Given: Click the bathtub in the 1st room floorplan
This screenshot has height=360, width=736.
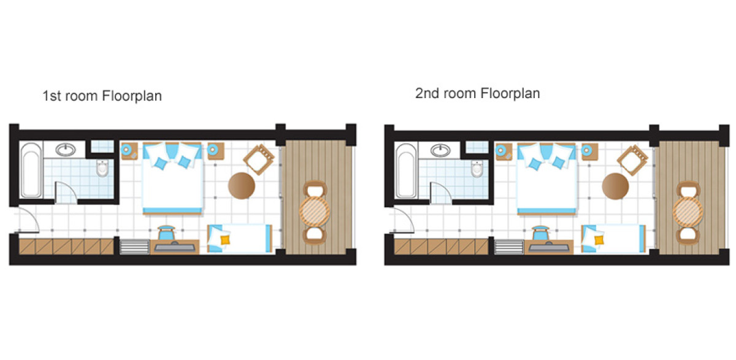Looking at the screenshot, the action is [x=31, y=170].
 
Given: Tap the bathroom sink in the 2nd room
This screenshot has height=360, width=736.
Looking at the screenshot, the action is [x=440, y=150].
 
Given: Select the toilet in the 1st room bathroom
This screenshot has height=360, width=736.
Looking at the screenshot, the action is [x=102, y=168].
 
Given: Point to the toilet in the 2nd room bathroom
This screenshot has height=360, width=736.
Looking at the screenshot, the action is [x=477, y=169].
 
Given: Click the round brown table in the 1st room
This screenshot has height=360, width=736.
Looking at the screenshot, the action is [x=242, y=186].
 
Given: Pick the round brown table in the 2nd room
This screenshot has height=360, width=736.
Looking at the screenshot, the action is [x=615, y=186].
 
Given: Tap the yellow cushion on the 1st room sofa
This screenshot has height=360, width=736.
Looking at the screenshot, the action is [x=225, y=240].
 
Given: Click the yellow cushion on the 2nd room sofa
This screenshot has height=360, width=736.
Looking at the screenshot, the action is [x=599, y=240].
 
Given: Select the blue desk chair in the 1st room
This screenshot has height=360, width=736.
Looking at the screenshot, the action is [x=166, y=232].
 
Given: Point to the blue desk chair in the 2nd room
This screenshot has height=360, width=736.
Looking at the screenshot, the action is [x=540, y=233].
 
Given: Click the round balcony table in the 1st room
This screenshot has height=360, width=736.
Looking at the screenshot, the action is [x=315, y=212].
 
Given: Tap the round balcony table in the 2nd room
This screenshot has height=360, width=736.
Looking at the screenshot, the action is [x=688, y=212].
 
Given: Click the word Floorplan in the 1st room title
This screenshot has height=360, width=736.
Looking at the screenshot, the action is [x=132, y=96].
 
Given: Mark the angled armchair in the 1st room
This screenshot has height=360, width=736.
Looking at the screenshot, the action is [x=259, y=159].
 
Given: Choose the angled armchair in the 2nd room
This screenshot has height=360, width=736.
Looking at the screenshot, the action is [x=632, y=160].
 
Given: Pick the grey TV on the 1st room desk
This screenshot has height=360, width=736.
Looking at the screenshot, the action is [x=175, y=247].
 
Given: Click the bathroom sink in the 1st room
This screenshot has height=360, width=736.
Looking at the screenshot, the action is [x=66, y=150].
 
